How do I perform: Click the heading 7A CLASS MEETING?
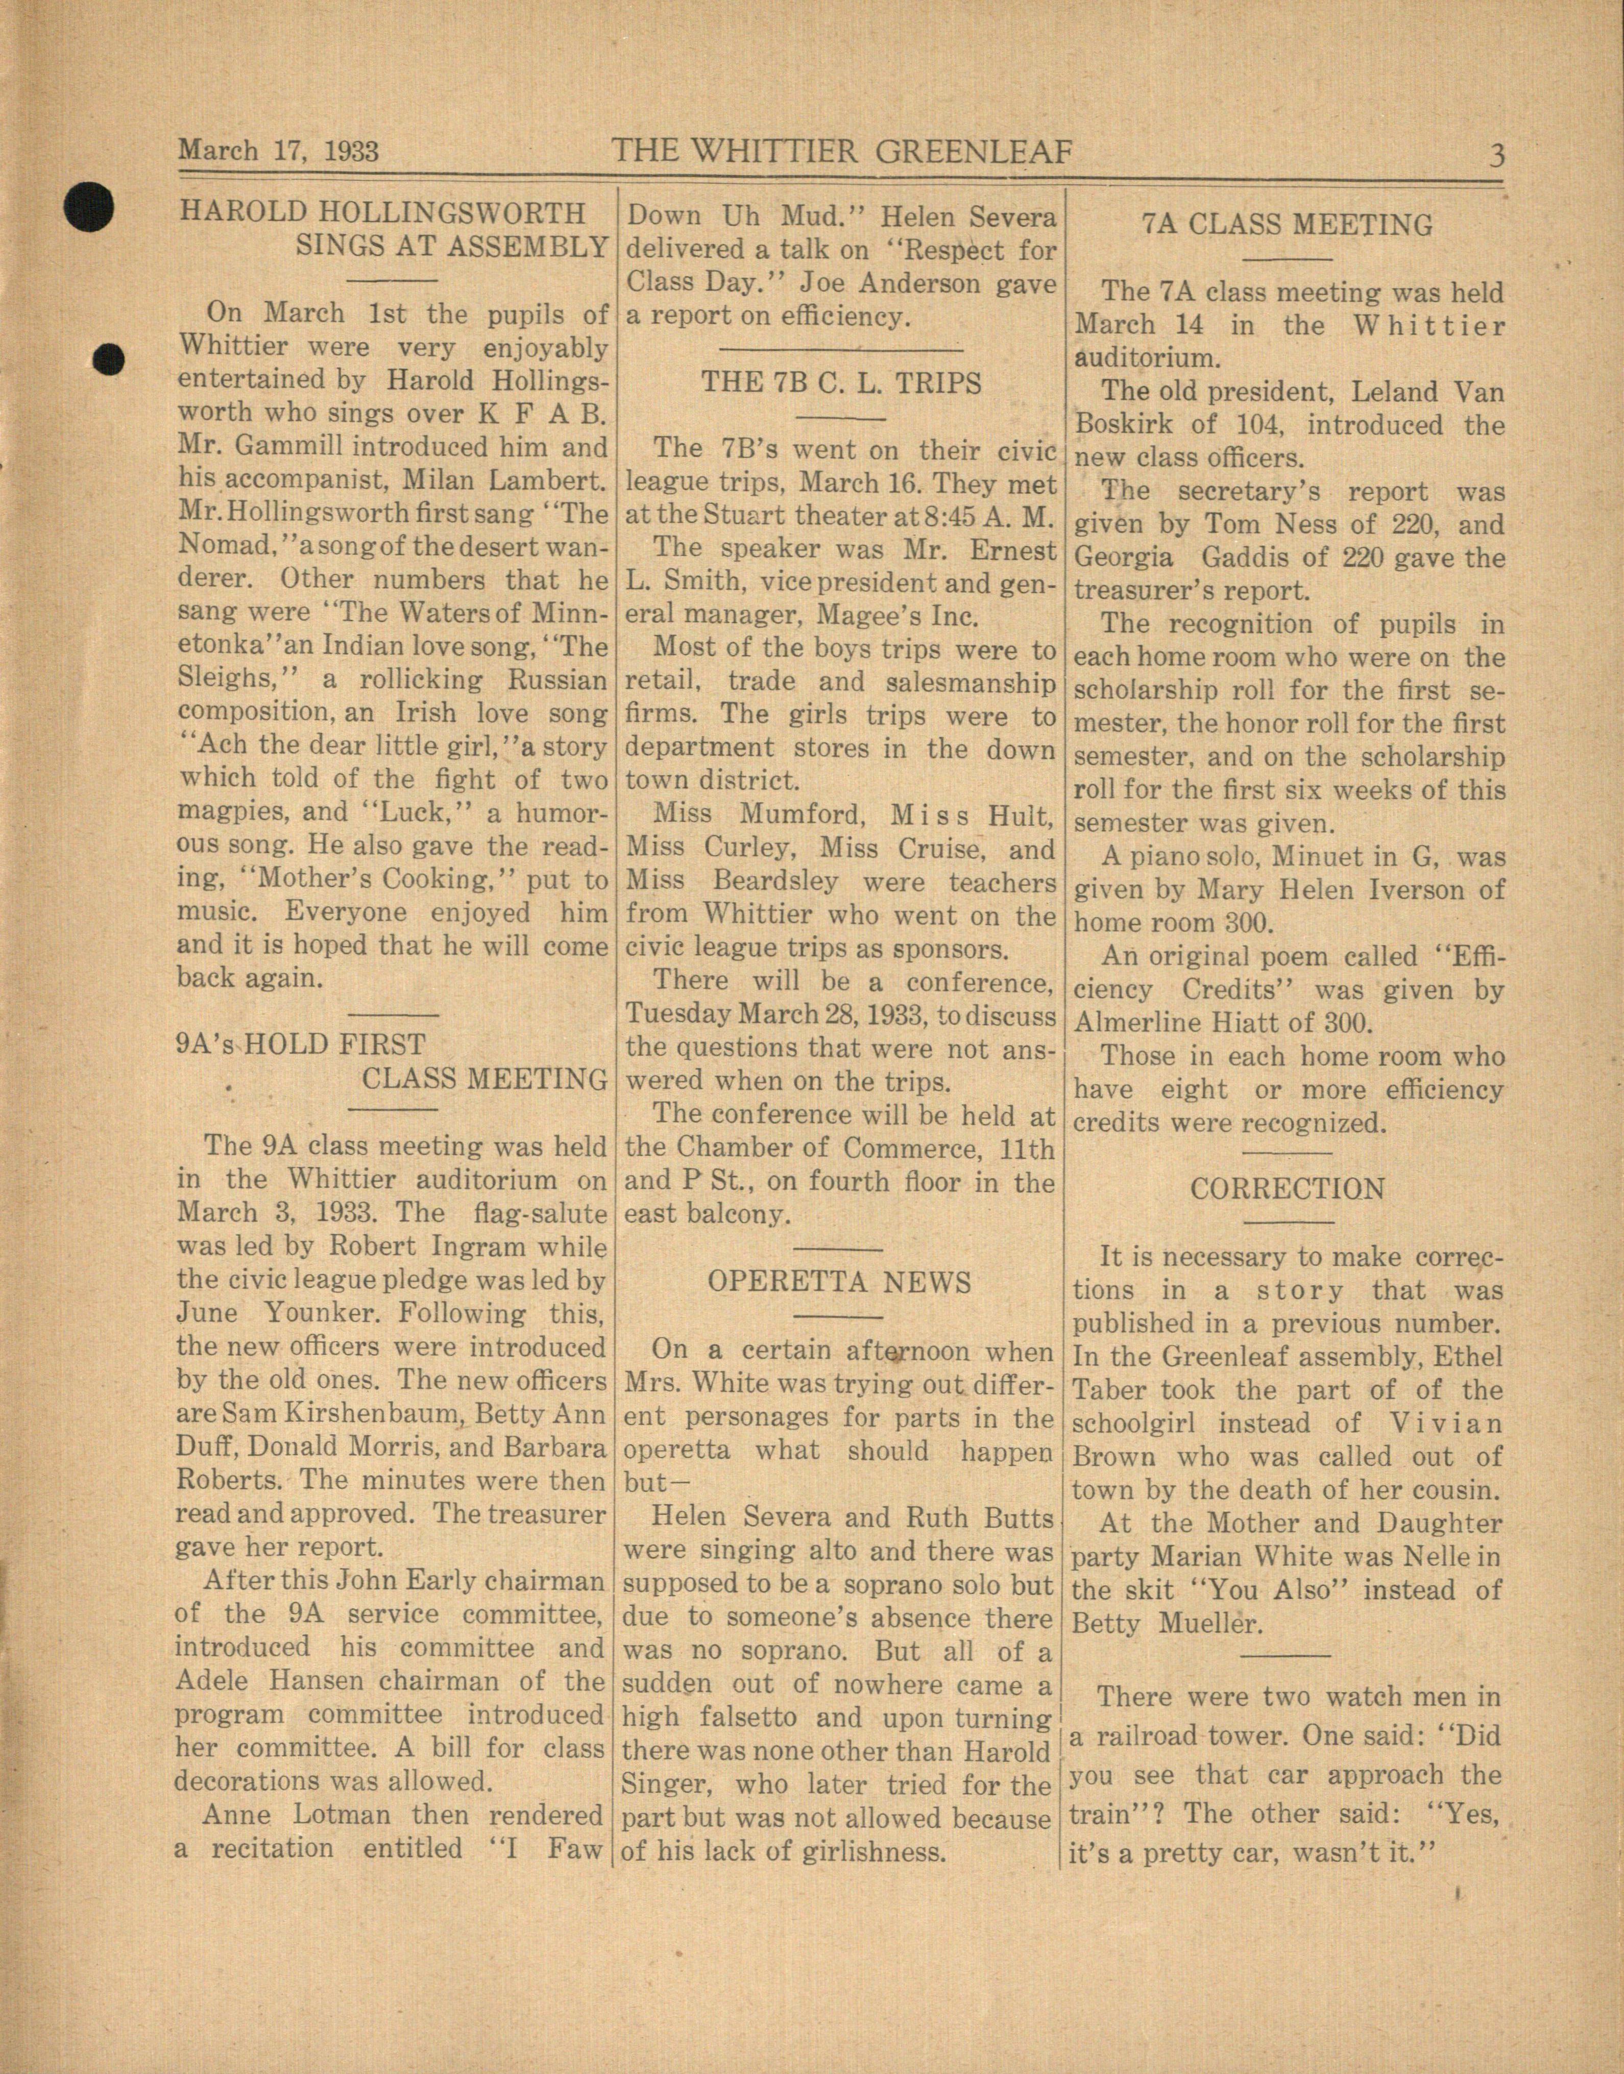point(1287,225)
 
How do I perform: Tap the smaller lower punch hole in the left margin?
point(111,358)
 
